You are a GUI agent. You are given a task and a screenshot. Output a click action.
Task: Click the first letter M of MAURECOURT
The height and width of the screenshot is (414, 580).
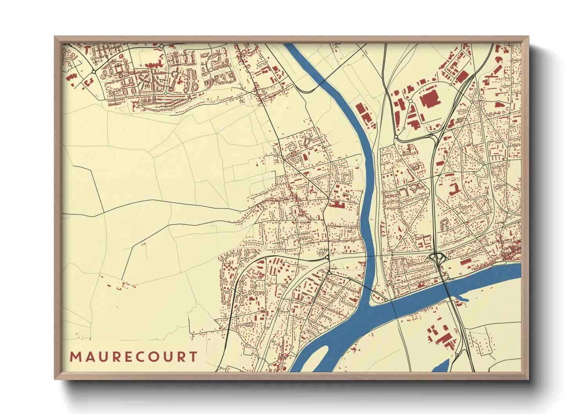pos(75,357)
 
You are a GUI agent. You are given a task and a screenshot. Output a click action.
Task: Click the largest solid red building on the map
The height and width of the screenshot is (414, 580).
pos(430,97)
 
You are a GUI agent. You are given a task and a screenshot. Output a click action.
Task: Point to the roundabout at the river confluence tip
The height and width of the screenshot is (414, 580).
pos(386,300)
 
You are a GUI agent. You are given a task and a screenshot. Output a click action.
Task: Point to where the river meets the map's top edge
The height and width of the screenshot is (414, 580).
pos(290,45)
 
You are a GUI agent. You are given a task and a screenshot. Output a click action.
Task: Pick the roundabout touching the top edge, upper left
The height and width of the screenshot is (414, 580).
pos(161,46)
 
